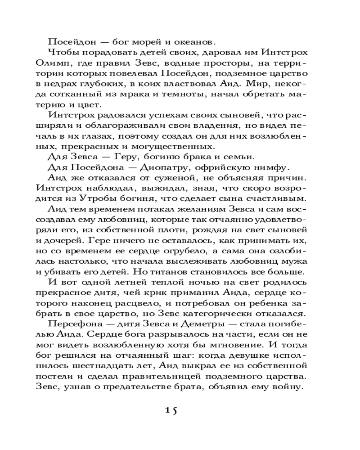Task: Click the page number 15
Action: point(171,410)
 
